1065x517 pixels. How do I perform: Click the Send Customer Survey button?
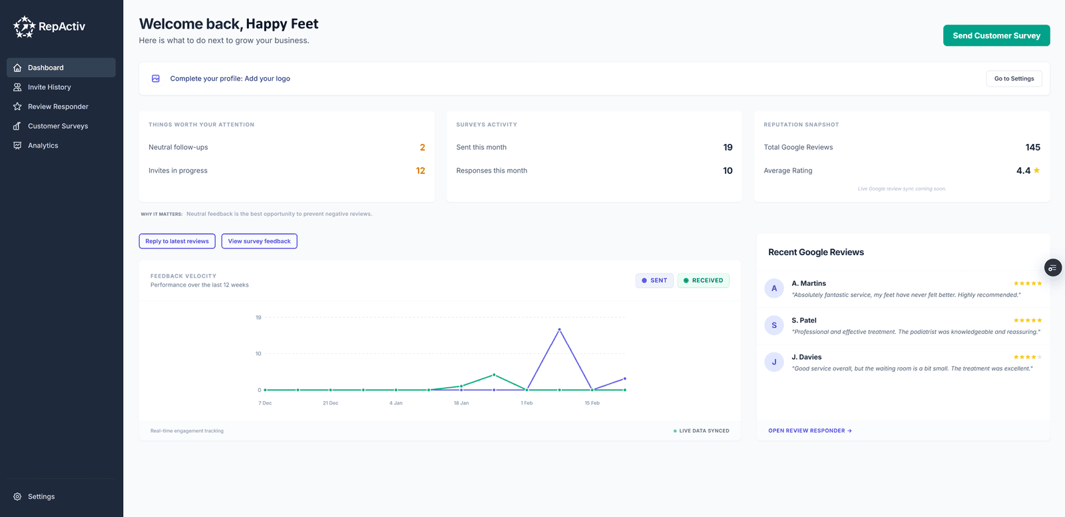pyautogui.click(x=996, y=36)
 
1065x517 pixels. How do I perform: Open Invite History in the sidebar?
pyautogui.click(x=49, y=87)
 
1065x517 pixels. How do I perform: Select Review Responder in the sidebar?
pyautogui.click(x=58, y=107)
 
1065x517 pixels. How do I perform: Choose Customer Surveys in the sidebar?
pyautogui.click(x=58, y=126)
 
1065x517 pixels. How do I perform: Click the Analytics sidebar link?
pyautogui.click(x=43, y=145)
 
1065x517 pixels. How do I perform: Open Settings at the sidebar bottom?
pyautogui.click(x=41, y=496)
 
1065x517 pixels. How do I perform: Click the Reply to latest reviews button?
pyautogui.click(x=177, y=241)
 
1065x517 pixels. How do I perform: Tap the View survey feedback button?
pyautogui.click(x=259, y=241)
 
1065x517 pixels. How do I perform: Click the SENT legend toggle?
pyautogui.click(x=654, y=280)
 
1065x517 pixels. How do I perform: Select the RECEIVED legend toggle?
pyautogui.click(x=703, y=280)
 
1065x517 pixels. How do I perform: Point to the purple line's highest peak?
pyautogui.click(x=559, y=329)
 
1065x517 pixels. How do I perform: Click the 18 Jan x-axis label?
pyautogui.click(x=461, y=403)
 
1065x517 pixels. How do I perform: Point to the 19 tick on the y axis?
pyautogui.click(x=258, y=318)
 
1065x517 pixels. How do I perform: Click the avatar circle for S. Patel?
pyautogui.click(x=774, y=325)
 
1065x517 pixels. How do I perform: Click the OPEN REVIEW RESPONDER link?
pyautogui.click(x=809, y=431)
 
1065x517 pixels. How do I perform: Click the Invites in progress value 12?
pyautogui.click(x=420, y=171)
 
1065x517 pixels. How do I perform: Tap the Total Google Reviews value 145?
pyautogui.click(x=1032, y=147)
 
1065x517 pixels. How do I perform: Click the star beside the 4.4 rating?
pyautogui.click(x=1036, y=171)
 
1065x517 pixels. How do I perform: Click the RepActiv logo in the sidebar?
pyautogui.click(x=49, y=27)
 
